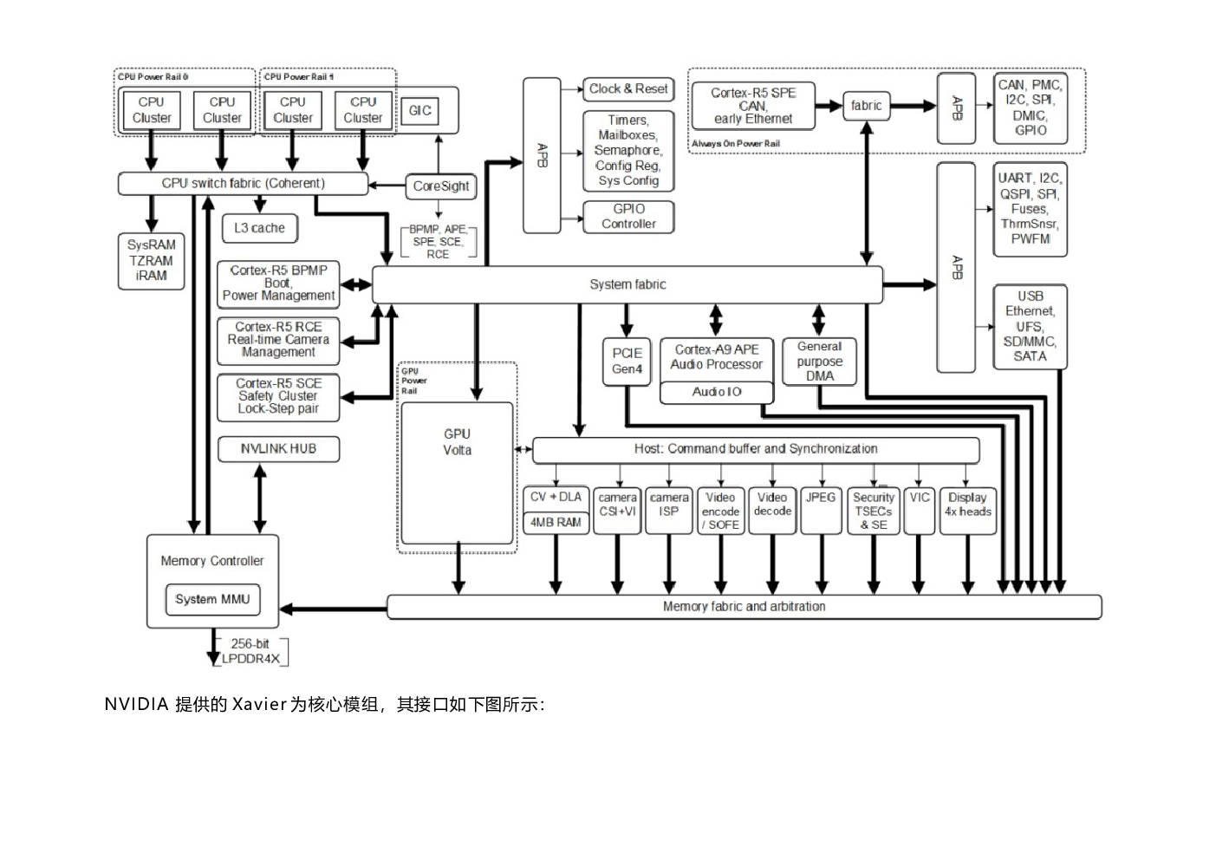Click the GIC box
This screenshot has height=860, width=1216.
pos(420,111)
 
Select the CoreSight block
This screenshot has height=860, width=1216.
pos(441,186)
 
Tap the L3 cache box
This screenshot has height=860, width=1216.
pos(259,228)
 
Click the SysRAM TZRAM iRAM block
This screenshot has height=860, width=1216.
pos(151,260)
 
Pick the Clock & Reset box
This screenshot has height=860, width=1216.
pos(628,88)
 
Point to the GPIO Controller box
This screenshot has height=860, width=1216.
pos(628,216)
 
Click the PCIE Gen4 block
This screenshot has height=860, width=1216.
pos(627,361)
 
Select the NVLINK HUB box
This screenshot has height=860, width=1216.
pos(278,449)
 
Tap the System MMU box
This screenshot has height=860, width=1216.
pos(212,599)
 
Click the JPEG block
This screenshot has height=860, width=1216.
pos(820,510)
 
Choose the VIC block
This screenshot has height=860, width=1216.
pos(919,510)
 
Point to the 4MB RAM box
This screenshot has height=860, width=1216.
pos(556,523)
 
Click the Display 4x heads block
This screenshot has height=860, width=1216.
pos(967,510)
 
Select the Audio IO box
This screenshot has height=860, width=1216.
pos(716,393)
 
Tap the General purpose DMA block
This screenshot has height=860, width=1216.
pos(819,361)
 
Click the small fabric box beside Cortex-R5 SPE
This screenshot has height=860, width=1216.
pos(866,106)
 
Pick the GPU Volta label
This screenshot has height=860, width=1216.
pos(457,441)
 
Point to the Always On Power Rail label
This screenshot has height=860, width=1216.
pos(736,144)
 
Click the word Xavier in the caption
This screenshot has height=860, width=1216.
pos(259,705)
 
